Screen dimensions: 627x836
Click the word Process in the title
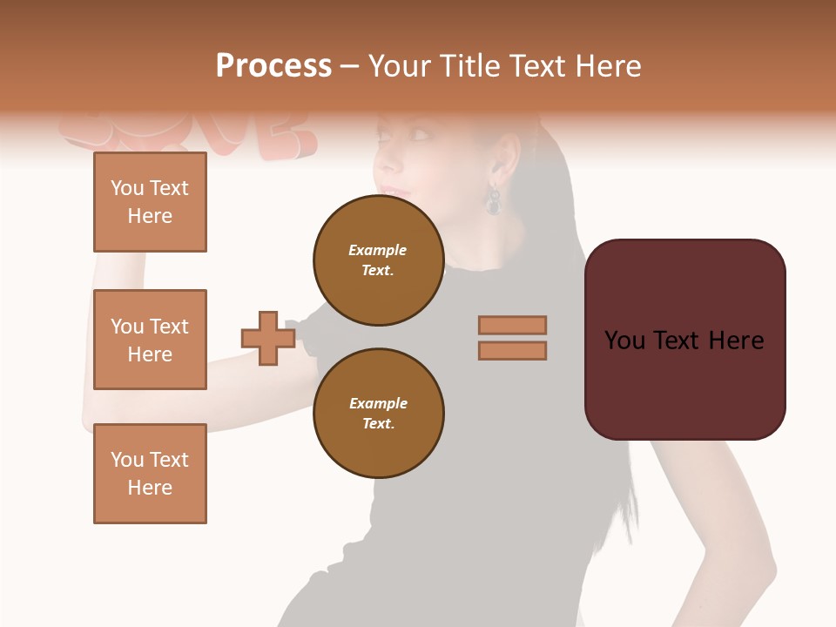click(273, 66)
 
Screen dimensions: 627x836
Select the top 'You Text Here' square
click(150, 202)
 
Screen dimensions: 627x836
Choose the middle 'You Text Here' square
click(150, 340)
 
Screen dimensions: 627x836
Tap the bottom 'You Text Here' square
click(150, 474)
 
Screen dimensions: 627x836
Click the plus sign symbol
click(268, 338)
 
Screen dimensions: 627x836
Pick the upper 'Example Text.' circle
click(378, 260)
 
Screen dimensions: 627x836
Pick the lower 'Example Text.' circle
click(378, 413)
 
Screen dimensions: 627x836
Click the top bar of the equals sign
click(512, 325)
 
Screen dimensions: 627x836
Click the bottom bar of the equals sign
click(512, 350)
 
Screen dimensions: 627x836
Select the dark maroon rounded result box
click(684, 340)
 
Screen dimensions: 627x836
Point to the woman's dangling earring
click(494, 201)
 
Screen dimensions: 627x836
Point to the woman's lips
click(394, 191)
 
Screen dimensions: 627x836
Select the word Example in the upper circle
click(378, 250)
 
